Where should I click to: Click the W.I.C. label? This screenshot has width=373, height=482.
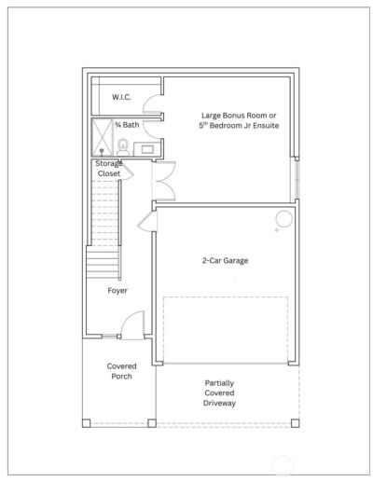pyautogui.click(x=121, y=97)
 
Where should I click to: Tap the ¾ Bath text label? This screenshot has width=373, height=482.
pyautogui.click(x=127, y=125)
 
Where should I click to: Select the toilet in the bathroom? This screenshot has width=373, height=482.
pyautogui.click(x=122, y=146)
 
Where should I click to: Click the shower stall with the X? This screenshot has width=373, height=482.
pyautogui.click(x=102, y=138)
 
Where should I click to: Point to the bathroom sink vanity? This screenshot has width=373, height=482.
pyautogui.click(x=147, y=147)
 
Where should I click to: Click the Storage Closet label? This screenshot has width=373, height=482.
pyautogui.click(x=109, y=169)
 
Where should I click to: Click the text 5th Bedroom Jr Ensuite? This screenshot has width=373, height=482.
pyautogui.click(x=239, y=126)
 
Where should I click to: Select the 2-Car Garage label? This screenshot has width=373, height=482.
pyautogui.click(x=225, y=261)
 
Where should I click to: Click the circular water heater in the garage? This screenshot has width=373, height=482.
pyautogui.click(x=283, y=220)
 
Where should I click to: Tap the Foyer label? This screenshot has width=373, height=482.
pyautogui.click(x=117, y=290)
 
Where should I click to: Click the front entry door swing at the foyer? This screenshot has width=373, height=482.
pyautogui.click(x=132, y=327)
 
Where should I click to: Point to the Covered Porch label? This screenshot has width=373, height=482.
pyautogui.click(x=121, y=371)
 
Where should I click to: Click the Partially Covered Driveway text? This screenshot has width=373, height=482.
pyautogui.click(x=220, y=392)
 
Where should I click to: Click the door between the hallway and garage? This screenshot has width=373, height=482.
pyautogui.click(x=143, y=222)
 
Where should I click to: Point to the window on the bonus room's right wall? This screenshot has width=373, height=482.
pyautogui.click(x=297, y=177)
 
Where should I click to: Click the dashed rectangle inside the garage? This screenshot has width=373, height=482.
pyautogui.click(x=228, y=331)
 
